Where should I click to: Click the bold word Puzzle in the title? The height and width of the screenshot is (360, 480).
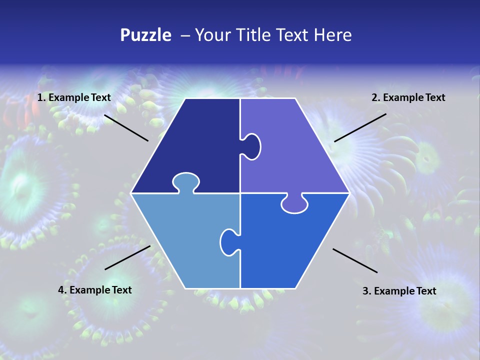145,35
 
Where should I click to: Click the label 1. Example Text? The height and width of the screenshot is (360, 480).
74,97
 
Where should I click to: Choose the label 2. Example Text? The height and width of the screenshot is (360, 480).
408,97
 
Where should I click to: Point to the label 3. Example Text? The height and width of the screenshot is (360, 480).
399,291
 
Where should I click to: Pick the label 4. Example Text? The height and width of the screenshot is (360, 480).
95,290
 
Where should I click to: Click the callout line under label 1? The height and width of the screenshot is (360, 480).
126,127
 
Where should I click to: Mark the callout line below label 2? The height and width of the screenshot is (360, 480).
360,127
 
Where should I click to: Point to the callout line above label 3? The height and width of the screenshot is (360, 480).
355,260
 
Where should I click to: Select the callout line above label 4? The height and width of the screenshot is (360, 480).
127,257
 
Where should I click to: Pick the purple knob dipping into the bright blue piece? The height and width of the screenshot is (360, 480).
294,204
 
